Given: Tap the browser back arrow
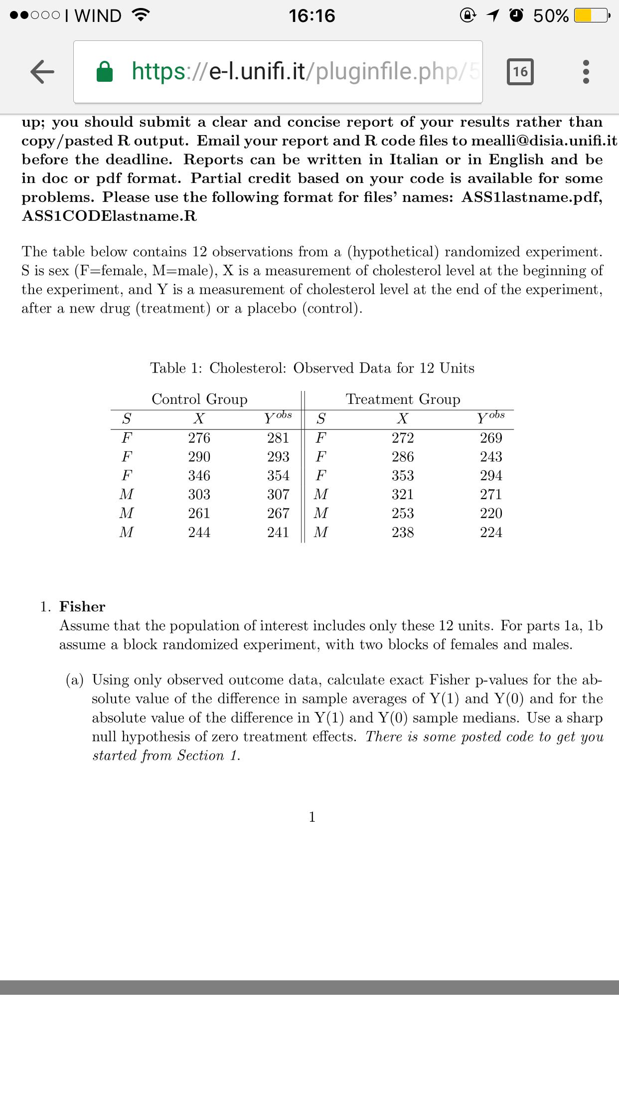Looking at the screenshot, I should [42, 71].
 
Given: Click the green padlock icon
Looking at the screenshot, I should [105, 71].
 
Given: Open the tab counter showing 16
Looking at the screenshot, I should [520, 72].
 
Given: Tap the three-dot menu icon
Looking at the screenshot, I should [586, 72].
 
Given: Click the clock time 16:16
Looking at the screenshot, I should [312, 16].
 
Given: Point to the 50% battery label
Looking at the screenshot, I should [551, 16].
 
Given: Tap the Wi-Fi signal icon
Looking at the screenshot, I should [141, 16].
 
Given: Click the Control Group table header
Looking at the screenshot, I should [199, 399].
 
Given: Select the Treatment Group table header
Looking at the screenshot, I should [403, 399].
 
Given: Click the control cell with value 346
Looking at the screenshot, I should [199, 475].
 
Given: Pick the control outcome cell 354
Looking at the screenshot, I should [278, 475].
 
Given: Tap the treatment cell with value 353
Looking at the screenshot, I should [403, 475].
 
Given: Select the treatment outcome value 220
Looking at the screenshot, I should [491, 513].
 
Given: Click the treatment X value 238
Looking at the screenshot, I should [403, 532].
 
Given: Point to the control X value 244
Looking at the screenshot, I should [199, 532].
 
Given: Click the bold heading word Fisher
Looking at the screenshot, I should [82, 606].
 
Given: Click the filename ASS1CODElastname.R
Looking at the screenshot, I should [109, 216].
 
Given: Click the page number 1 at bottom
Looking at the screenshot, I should [312, 817].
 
